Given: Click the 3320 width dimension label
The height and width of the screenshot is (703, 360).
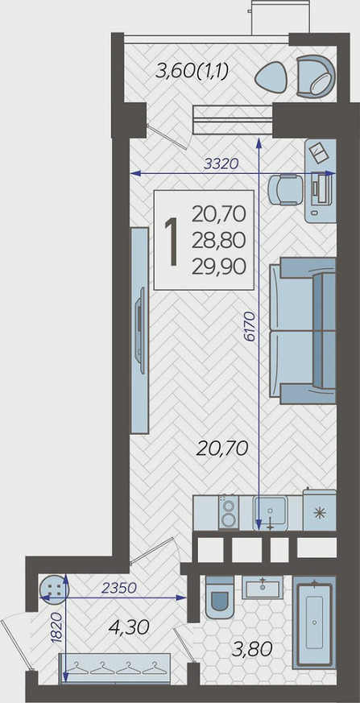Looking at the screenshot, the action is tap(221, 164).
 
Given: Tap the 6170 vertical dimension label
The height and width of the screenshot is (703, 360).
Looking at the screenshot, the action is tap(250, 327).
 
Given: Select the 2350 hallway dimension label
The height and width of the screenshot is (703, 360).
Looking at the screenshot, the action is tap(118, 588).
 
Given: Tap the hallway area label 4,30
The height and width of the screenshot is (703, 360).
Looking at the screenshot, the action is tap(129, 627).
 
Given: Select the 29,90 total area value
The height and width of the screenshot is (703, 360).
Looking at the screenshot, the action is tap(219, 267).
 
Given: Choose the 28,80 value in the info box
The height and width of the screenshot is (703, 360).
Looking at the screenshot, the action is tap(219, 241).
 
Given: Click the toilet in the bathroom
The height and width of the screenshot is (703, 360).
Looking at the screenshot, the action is tap(220, 598).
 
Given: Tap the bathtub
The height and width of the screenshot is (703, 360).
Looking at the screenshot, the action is tap(314, 623).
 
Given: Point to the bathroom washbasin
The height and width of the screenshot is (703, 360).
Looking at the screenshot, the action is tap(263, 588).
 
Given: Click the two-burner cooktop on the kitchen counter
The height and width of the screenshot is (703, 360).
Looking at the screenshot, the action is tap(229, 513).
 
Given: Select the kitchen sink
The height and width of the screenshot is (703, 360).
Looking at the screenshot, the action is tap(270, 514).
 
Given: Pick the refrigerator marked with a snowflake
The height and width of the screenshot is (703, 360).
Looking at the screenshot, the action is tap(319, 511).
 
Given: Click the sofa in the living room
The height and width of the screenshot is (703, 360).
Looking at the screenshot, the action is tap(303, 330).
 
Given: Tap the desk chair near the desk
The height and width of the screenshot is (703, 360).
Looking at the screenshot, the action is tap(285, 190).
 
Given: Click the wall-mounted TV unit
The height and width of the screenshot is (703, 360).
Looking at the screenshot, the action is tap(139, 330).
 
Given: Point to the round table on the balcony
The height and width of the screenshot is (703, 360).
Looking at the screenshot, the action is tap(272, 77).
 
